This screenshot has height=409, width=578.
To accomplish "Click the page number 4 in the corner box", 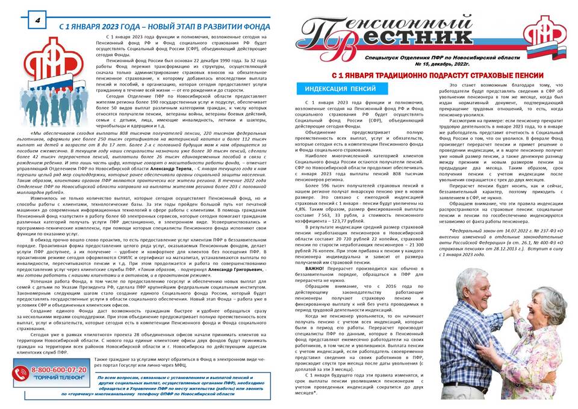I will (x=37, y=19).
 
